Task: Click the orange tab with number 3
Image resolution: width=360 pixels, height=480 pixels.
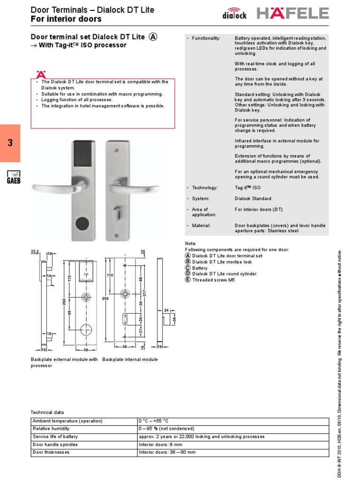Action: (x=10, y=143)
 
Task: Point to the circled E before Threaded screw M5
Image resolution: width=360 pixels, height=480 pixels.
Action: (x=188, y=280)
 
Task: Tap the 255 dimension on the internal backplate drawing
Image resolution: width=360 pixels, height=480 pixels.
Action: (x=106, y=298)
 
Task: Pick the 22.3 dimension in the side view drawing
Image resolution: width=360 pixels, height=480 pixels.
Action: (x=35, y=252)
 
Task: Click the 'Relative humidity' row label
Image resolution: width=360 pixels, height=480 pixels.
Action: (x=51, y=428)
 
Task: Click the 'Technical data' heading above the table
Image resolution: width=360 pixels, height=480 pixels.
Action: (x=47, y=412)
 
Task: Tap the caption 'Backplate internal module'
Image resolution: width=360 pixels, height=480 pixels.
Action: (x=130, y=360)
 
